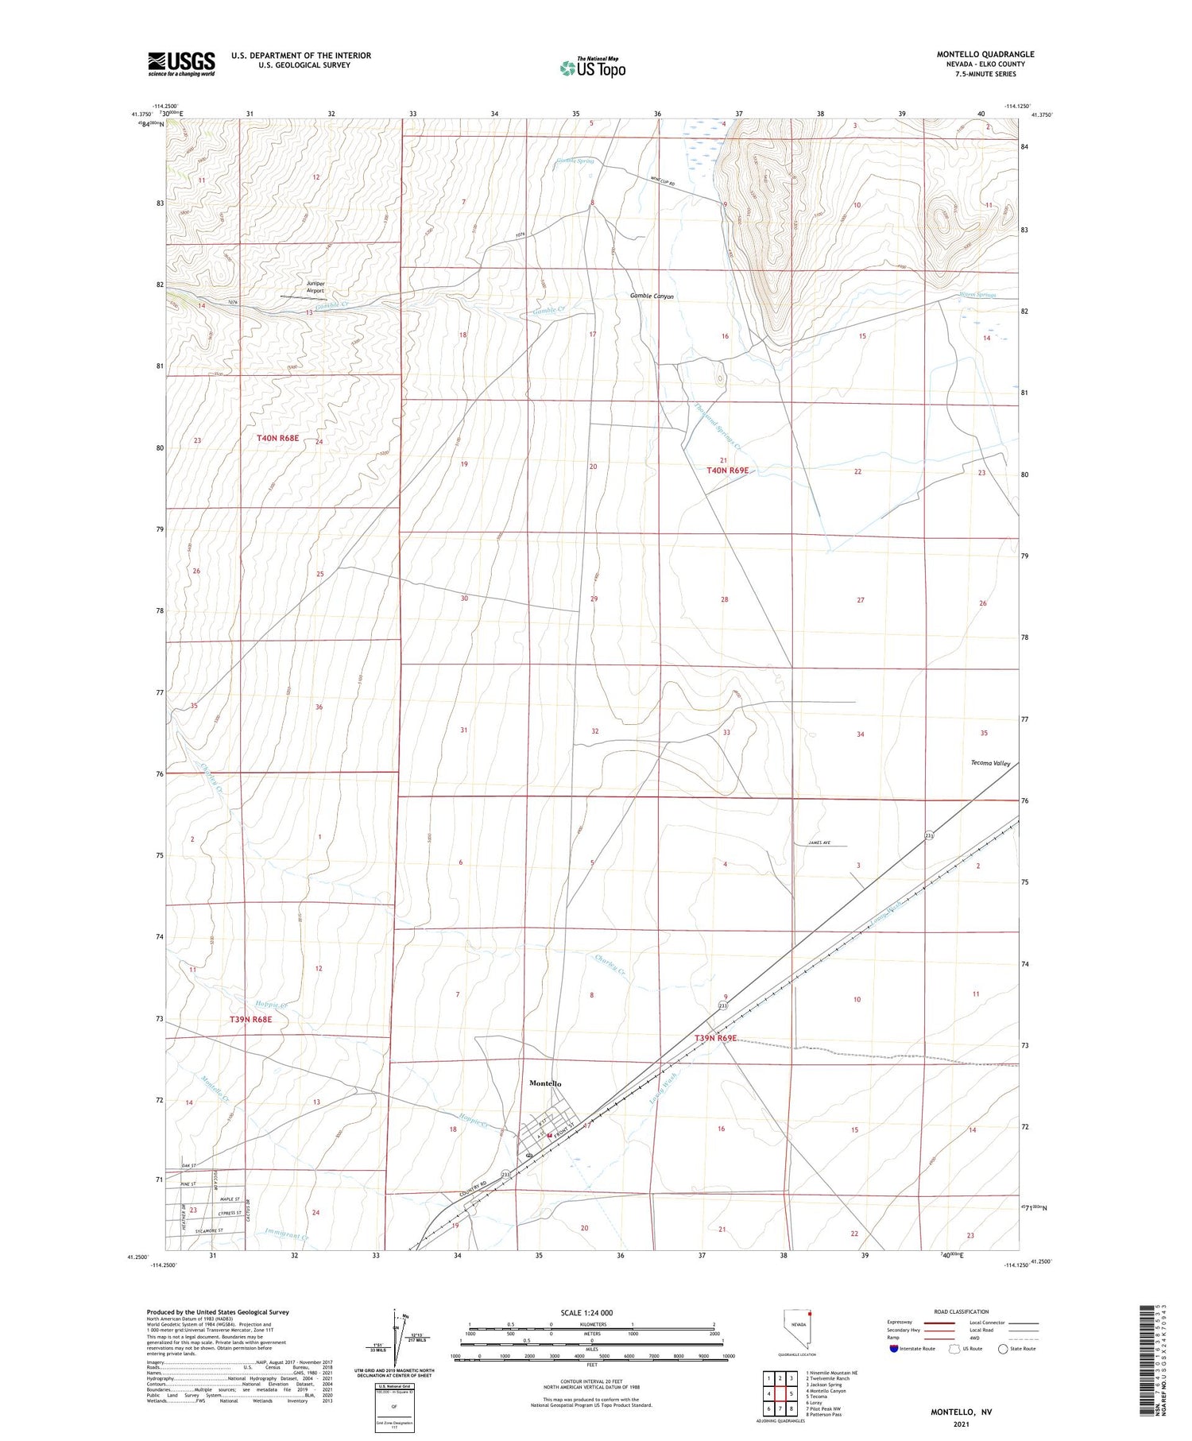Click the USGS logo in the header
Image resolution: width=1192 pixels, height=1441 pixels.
tap(181, 63)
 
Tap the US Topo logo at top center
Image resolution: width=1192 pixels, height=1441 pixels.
tap(592, 68)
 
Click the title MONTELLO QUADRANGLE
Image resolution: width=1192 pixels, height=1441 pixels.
tap(985, 54)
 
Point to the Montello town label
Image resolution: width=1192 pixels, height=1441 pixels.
tap(545, 1083)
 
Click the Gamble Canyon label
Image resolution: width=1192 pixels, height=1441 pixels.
tap(652, 296)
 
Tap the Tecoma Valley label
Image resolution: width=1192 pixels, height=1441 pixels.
tap(990, 763)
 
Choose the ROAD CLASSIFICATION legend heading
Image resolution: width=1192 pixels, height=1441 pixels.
tap(962, 1311)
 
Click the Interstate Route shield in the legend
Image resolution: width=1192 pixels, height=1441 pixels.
tap(894, 1349)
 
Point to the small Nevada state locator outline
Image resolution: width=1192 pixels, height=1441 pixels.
tap(797, 1330)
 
